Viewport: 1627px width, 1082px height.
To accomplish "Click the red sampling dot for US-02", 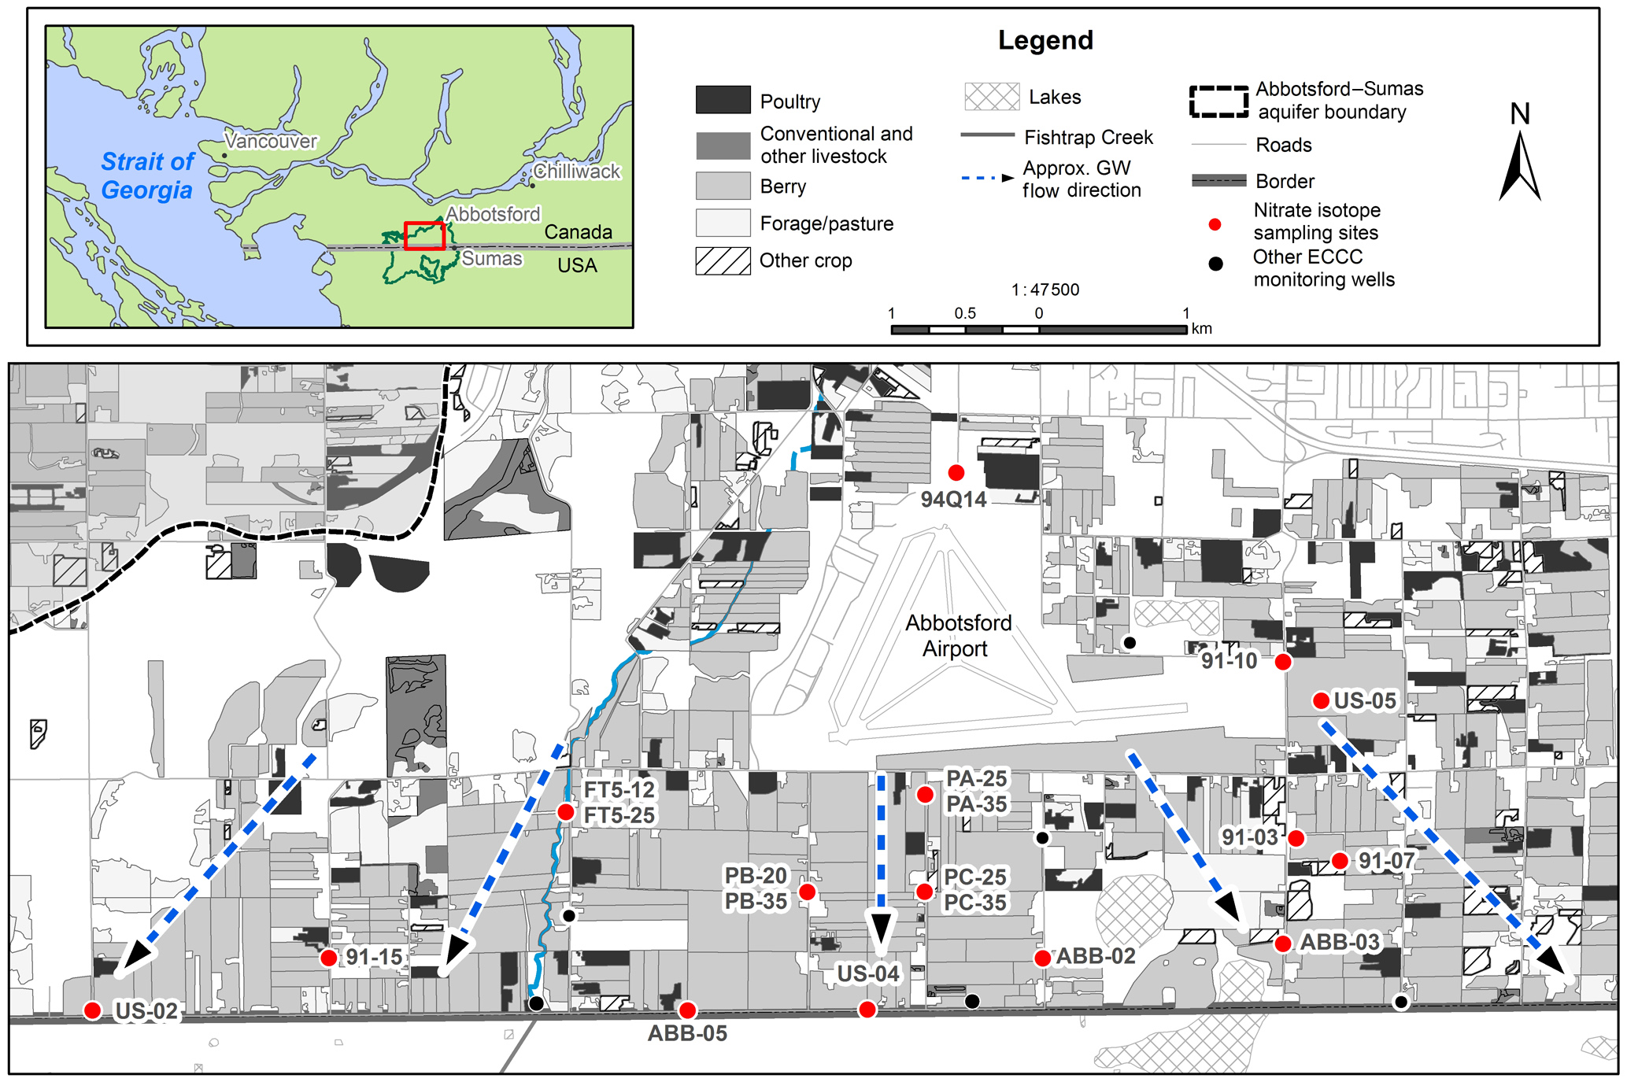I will pos(93,1010).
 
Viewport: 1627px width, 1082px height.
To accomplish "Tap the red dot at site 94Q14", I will pos(956,472).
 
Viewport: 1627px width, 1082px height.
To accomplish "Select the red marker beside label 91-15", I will pos(329,958).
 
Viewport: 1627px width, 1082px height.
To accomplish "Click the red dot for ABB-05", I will pos(687,1010).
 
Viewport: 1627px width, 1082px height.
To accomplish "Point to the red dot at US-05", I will pos(1322,700).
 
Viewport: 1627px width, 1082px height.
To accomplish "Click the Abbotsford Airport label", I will pos(957,636).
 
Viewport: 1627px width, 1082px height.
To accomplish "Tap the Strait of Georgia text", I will pos(147,175).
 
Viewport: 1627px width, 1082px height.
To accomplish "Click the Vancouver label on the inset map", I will pos(271,141).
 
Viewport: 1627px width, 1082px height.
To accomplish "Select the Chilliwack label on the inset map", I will pos(577,171).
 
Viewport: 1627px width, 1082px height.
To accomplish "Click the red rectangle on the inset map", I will pos(424,235).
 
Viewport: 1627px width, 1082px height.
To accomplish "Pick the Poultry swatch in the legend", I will pos(723,101).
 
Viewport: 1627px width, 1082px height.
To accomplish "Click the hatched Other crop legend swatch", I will pos(723,260).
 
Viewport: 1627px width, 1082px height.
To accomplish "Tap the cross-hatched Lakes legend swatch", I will pos(992,97).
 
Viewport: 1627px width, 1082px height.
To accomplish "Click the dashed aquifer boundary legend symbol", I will pos(1218,101).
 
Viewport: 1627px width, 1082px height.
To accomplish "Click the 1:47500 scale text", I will pos(1045,290).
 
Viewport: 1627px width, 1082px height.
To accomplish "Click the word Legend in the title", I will pos(1045,40).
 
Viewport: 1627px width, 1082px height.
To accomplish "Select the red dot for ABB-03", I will pos(1283,944).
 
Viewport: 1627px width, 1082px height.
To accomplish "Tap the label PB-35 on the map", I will pos(756,902).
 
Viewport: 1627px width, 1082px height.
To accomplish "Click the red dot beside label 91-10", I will pos(1283,662).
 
